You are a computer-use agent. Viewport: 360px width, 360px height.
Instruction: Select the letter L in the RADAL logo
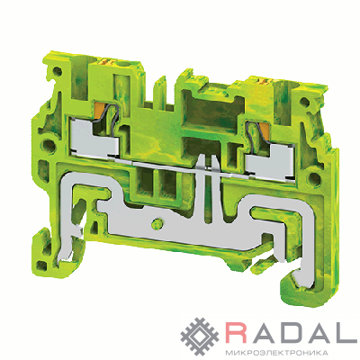[350, 332]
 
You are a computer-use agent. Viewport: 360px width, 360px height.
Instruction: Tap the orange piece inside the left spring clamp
[100, 110]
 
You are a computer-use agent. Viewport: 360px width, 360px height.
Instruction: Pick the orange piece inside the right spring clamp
[265, 130]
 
